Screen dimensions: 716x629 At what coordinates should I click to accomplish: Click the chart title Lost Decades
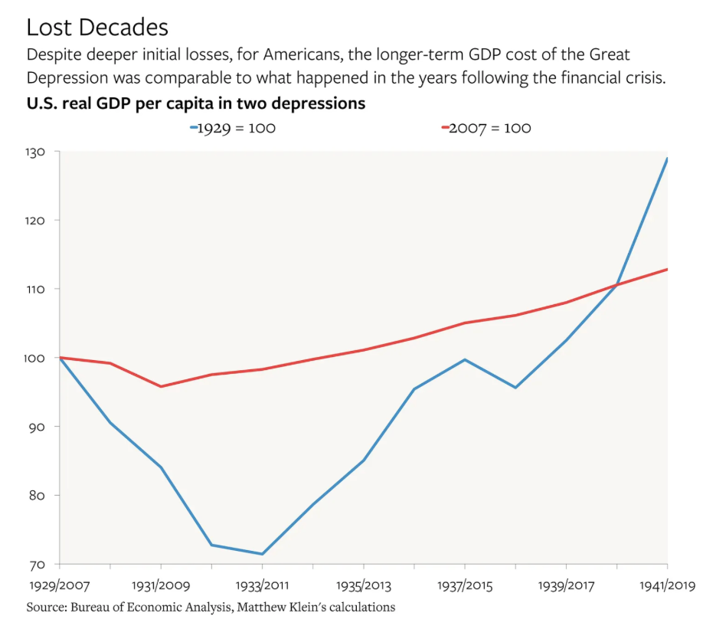click(97, 27)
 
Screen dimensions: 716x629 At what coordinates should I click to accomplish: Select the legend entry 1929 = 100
click(233, 128)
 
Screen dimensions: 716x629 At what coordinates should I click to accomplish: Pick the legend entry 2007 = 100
click(486, 128)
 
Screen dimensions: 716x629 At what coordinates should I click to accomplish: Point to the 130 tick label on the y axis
click(34, 152)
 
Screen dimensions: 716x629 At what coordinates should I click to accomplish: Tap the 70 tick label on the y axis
click(37, 565)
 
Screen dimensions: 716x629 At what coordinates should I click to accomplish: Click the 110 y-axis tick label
click(35, 290)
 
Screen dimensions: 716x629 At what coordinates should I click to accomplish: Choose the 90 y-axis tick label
click(36, 427)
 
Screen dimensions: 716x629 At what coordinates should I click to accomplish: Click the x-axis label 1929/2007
click(60, 585)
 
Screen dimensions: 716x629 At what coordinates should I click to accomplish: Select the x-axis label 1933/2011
click(262, 585)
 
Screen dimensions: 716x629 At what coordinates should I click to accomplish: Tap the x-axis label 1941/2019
click(668, 585)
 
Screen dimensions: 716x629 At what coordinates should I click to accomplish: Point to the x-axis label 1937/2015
click(465, 585)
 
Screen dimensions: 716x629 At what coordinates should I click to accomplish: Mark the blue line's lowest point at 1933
click(262, 554)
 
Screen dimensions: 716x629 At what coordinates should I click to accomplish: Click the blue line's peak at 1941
click(667, 159)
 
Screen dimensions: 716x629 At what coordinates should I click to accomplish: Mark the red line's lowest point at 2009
click(161, 386)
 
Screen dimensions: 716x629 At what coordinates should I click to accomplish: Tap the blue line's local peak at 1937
click(465, 359)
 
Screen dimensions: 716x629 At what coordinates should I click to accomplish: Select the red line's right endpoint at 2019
click(667, 270)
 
